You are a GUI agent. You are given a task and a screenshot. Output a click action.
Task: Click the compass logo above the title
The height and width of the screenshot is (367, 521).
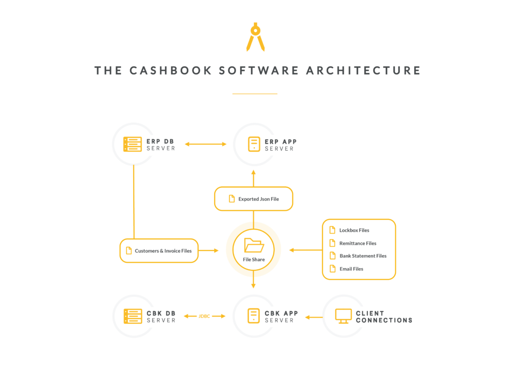coord(255,37)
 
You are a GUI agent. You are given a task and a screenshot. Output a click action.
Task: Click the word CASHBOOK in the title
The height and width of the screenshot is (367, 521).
coord(170,70)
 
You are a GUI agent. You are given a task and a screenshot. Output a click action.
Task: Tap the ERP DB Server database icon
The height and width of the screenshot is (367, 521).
coord(133,144)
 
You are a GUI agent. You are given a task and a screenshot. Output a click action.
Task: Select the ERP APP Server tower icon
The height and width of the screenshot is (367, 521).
coord(254,144)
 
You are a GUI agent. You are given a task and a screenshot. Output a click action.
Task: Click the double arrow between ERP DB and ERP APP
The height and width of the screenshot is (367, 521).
coord(206,144)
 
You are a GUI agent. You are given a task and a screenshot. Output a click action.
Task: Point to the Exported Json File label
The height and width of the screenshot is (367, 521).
coord(258,199)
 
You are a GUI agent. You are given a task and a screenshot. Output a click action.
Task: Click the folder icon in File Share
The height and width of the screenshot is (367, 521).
coord(254,245)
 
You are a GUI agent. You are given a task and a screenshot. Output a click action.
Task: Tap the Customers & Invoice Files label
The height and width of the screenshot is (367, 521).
coord(163,251)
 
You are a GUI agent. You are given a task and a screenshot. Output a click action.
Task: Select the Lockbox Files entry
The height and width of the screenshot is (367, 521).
coord(354,230)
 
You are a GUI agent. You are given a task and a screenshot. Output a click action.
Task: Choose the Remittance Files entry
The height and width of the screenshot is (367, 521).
coord(358,243)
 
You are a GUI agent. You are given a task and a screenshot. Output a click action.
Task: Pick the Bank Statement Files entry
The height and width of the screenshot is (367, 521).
coord(363,256)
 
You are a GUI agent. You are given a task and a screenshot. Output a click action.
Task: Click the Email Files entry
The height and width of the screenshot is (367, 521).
coord(351,269)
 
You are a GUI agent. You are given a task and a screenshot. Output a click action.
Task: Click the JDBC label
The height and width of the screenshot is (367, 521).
coord(205,316)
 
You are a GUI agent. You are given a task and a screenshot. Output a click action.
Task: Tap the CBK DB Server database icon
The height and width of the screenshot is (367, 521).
coord(133,316)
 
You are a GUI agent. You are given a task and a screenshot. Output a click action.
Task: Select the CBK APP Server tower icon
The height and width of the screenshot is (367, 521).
coord(253,316)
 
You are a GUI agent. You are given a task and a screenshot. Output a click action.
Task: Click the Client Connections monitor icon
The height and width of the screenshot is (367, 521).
coord(343,316)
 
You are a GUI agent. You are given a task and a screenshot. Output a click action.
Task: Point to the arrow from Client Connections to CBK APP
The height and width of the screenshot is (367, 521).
coord(313,318)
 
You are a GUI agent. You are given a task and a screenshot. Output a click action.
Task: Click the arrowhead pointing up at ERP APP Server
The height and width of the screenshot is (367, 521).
coord(253,173)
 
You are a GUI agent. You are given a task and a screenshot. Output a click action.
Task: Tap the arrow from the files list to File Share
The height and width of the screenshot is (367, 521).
coord(306,250)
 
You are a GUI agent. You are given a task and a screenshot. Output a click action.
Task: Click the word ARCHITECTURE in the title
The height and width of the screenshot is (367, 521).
coord(363,70)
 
